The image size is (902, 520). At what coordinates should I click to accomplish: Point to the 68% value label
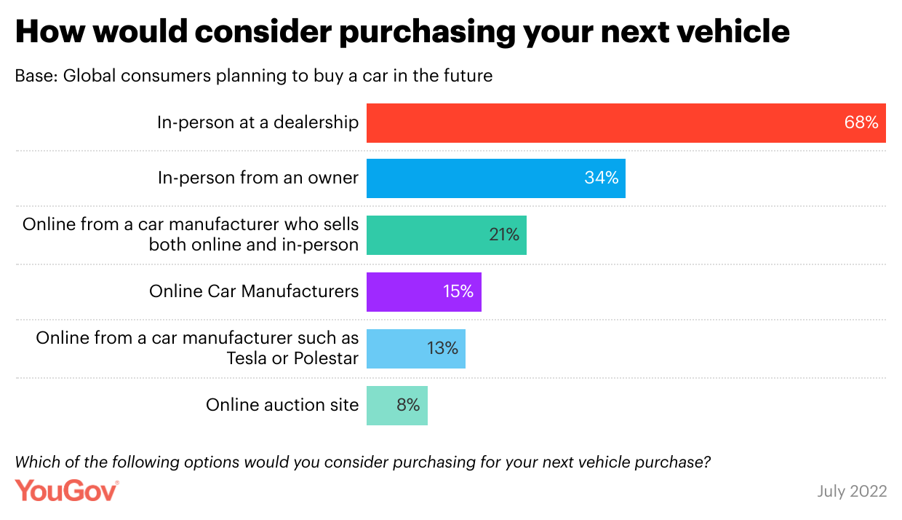coord(861,122)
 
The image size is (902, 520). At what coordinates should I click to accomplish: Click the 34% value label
coord(601,178)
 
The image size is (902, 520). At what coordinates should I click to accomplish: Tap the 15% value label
coord(458,291)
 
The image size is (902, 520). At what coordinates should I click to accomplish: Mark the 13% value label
coord(442,348)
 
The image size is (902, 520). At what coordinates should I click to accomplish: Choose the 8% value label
coord(408,405)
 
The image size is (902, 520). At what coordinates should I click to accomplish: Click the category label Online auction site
coord(282,405)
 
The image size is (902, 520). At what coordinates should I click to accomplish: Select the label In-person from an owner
coord(258,178)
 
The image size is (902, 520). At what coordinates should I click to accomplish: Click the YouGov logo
coord(67,490)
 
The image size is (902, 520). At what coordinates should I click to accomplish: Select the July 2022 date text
coord(852,491)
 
